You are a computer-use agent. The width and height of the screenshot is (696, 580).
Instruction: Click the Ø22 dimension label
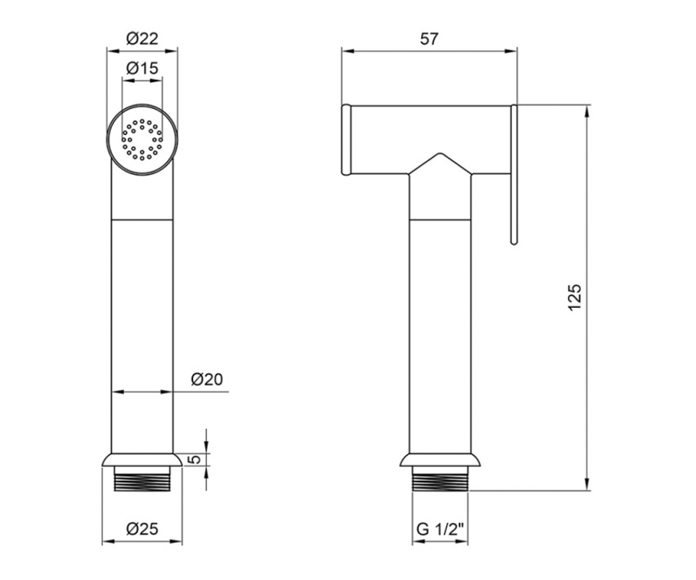click(142, 39)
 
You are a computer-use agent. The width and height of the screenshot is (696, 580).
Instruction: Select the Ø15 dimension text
click(142, 68)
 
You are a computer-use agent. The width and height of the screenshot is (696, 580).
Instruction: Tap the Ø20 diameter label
click(206, 379)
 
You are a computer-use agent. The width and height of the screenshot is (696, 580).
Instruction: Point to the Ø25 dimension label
click(142, 528)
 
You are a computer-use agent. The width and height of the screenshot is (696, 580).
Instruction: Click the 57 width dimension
click(429, 39)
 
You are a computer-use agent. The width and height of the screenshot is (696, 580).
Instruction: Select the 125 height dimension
click(575, 298)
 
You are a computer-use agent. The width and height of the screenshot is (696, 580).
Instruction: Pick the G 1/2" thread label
click(440, 529)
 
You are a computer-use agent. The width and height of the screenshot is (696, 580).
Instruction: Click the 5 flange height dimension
click(196, 459)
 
